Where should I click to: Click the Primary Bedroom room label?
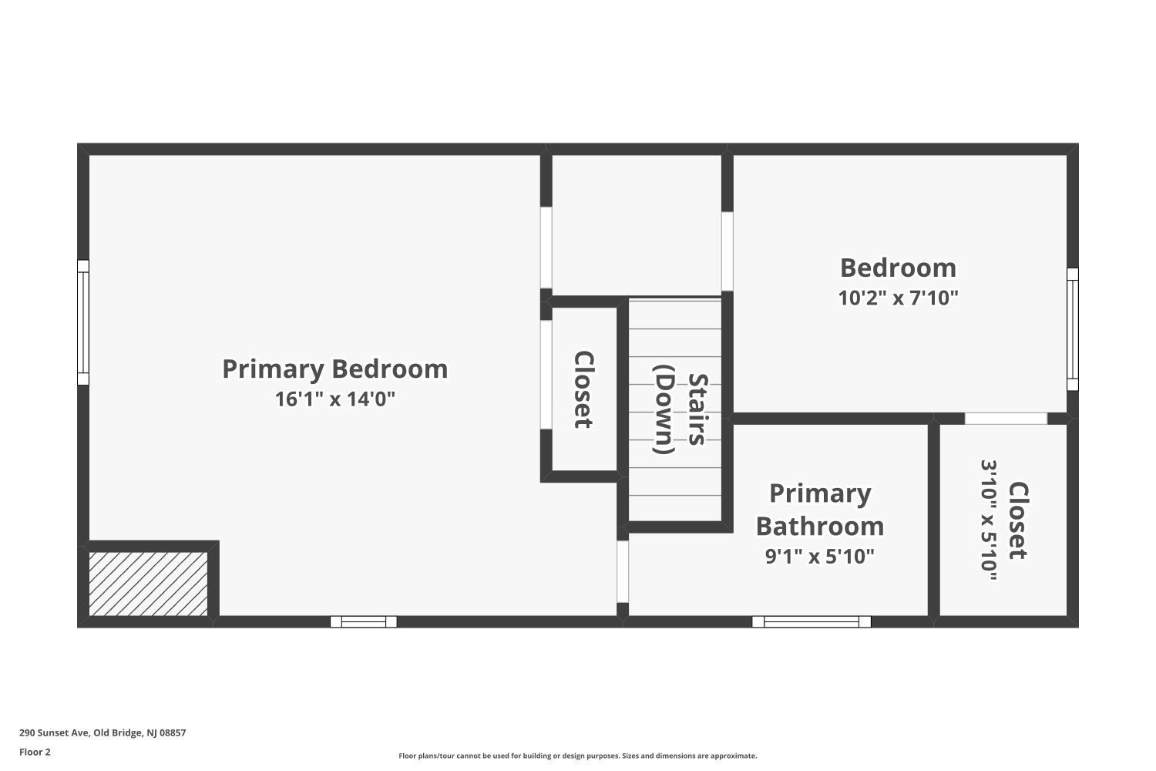pyautogui.click(x=334, y=369)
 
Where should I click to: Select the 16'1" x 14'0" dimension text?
pyautogui.click(x=334, y=399)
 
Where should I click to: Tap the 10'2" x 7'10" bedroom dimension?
pyautogui.click(x=898, y=298)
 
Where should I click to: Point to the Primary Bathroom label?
pyautogui.click(x=820, y=509)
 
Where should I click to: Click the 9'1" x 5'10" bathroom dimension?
pyautogui.click(x=820, y=556)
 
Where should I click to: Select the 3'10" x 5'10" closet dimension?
pyautogui.click(x=990, y=520)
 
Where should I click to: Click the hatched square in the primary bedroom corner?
pyautogui.click(x=148, y=584)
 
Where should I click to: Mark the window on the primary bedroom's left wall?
pyautogui.click(x=83, y=322)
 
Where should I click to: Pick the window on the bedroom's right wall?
pyautogui.click(x=1072, y=329)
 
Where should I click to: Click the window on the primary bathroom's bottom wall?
pyautogui.click(x=812, y=621)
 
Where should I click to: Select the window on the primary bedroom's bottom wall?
pyautogui.click(x=364, y=621)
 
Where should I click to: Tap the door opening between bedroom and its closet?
pyautogui.click(x=1006, y=419)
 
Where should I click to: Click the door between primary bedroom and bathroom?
pyautogui.click(x=623, y=571)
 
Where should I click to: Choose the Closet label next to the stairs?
pyautogui.click(x=584, y=389)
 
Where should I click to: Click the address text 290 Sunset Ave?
pyautogui.click(x=102, y=733)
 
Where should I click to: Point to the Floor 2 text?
pyautogui.click(x=35, y=752)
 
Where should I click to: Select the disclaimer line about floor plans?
pyautogui.click(x=577, y=756)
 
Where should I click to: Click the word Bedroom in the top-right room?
pyautogui.click(x=898, y=268)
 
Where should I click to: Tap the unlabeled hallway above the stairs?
pyautogui.click(x=637, y=224)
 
